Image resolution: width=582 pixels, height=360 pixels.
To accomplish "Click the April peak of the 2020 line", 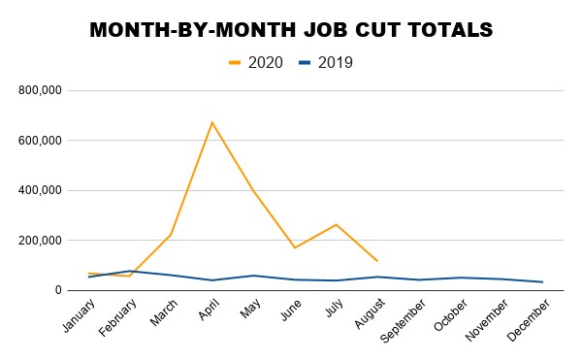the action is click(211, 122).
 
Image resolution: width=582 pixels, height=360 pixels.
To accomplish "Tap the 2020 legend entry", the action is click(256, 63).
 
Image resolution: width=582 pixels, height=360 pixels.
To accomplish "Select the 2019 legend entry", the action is click(326, 63).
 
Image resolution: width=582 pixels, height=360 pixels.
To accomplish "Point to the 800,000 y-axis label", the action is click(40, 90).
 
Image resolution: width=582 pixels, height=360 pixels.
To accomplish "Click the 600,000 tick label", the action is click(40, 141).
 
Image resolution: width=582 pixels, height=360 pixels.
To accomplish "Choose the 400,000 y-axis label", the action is click(40, 190).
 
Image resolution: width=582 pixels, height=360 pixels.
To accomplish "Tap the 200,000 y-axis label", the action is click(40, 241).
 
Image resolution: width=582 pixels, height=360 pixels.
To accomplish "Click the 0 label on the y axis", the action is click(58, 290).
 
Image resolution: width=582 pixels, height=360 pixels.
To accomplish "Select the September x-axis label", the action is click(404, 321).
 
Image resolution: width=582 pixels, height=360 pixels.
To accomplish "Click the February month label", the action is click(118, 317).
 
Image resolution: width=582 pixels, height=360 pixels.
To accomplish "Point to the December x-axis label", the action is click(529, 320).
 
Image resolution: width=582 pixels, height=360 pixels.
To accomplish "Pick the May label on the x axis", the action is click(250, 309).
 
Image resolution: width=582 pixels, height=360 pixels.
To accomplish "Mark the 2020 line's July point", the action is click(337, 224).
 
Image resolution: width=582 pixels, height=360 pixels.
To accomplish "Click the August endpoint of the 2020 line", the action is click(377, 261).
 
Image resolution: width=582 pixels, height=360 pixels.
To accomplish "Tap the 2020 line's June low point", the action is click(295, 247).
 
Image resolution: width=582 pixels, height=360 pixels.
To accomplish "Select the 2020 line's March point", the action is click(171, 235).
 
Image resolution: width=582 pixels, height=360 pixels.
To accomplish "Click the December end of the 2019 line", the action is click(543, 282).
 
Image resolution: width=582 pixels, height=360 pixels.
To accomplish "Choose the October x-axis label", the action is click(451, 315).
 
